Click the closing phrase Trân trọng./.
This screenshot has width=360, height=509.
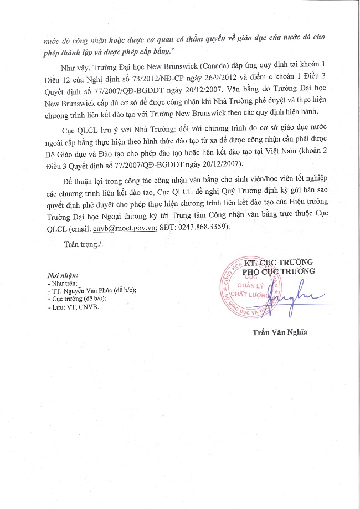[x=84, y=244]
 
